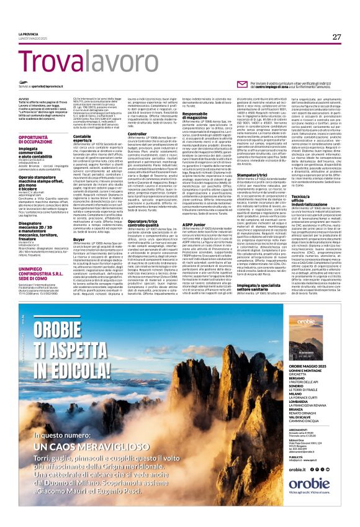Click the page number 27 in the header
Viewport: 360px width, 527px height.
point(336,37)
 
